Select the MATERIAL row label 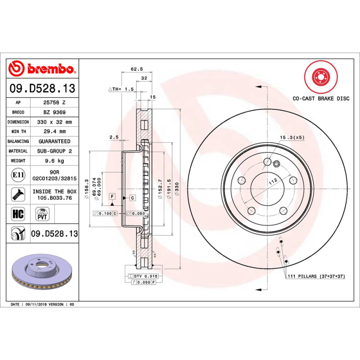(x=18, y=151)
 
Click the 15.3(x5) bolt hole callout (x=292, y=137)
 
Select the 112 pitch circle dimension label (x=272, y=181)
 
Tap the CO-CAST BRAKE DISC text (x=321, y=98)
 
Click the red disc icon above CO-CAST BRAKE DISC (x=321, y=77)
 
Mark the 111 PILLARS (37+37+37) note (x=315, y=276)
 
